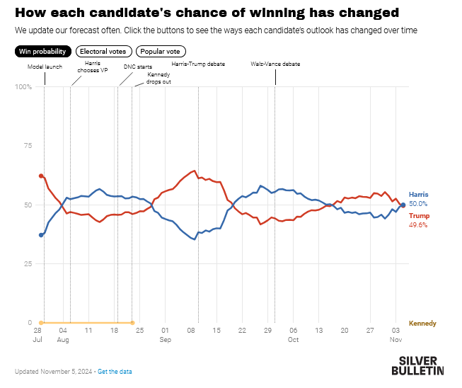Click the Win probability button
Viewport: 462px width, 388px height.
42,51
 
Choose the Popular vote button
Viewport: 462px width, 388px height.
162,51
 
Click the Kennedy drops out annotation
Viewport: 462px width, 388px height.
158,78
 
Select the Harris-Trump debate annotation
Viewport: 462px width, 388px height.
198,64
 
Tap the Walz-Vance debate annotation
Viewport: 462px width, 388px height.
275,64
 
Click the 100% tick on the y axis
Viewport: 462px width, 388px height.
23,87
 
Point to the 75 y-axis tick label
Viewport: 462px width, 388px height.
28,146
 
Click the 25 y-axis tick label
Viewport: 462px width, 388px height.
28,263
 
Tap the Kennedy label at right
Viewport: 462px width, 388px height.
422,323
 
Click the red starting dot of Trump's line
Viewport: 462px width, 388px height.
41,176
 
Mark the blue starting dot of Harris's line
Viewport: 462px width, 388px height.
41,235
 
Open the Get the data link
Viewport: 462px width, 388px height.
115,372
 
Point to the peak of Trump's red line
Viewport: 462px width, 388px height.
194,171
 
